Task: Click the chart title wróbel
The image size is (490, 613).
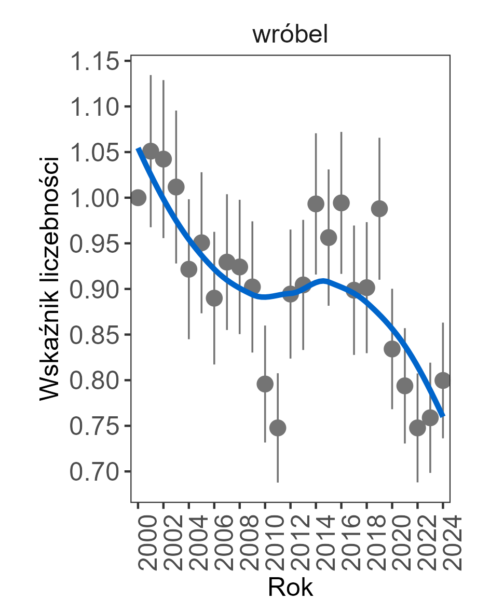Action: click(x=290, y=35)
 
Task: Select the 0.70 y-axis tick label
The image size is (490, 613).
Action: click(x=92, y=471)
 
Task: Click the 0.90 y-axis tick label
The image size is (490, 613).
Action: click(x=92, y=289)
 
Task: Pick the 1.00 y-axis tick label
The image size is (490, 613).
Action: click(x=92, y=198)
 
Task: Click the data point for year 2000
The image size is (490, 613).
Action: click(x=138, y=197)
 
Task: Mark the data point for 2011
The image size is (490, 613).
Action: click(x=278, y=428)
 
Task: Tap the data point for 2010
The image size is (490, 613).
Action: click(x=265, y=384)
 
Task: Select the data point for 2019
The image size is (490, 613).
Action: click(x=379, y=209)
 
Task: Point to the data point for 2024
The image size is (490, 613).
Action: click(x=443, y=380)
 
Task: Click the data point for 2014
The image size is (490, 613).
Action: click(x=316, y=204)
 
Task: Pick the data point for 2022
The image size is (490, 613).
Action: click(x=417, y=428)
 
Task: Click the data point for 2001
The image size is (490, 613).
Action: click(x=151, y=151)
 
